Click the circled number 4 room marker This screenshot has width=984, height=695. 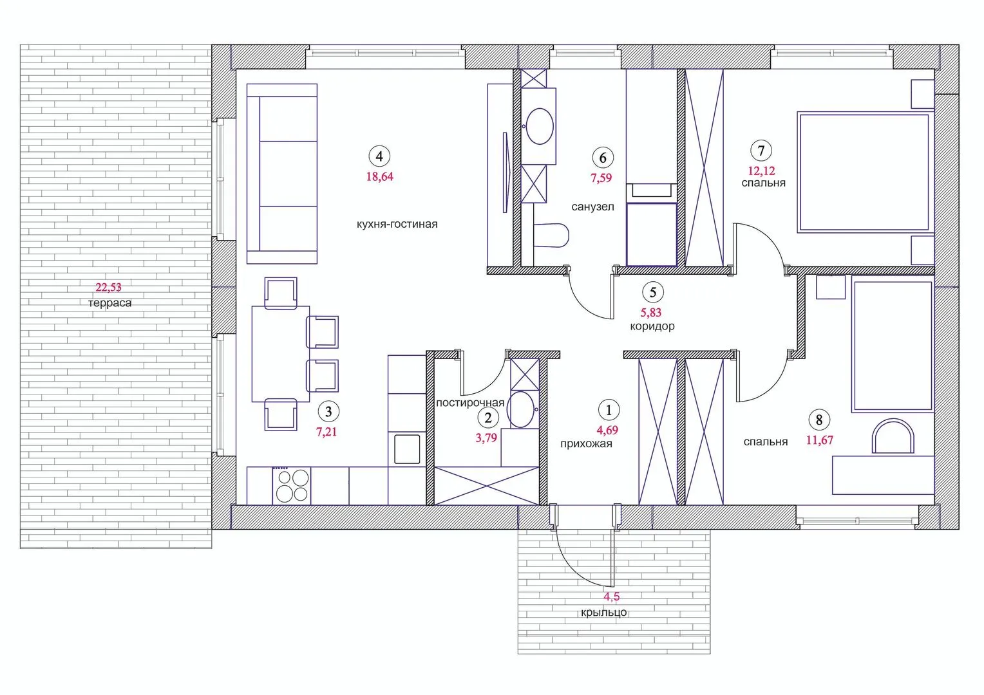(379, 156)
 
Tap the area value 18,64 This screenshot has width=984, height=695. (379, 176)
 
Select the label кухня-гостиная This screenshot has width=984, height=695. (397, 224)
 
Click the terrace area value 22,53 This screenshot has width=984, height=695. (108, 287)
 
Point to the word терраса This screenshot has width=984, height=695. (110, 303)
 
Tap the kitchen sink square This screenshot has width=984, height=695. (407, 449)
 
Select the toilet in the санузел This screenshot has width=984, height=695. (551, 236)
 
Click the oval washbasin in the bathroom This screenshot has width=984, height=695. (540, 126)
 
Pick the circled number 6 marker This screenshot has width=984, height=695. (603, 158)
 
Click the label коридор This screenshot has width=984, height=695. (652, 326)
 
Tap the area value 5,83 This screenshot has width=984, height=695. (651, 313)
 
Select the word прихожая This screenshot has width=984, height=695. (586, 444)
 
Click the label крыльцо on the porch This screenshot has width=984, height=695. (604, 613)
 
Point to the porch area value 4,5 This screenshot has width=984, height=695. (612, 597)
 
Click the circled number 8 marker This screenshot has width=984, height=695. (819, 420)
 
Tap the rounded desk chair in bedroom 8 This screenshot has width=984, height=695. (893, 436)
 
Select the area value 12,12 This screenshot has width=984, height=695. (761, 171)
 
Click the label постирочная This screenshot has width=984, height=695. (470, 403)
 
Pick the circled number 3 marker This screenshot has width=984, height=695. (328, 411)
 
